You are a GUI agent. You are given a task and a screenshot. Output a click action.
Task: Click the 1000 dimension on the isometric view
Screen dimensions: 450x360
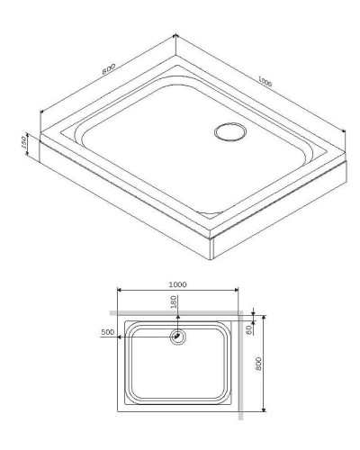click(x=263, y=81)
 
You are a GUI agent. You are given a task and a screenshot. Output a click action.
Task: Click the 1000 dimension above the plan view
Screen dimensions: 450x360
click(x=177, y=283)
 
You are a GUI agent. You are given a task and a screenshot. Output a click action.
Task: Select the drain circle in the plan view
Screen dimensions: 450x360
click(x=178, y=337)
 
